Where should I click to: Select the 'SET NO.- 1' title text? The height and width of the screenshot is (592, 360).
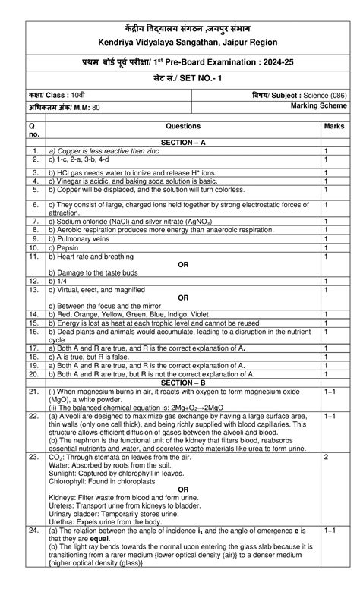coord(180,78)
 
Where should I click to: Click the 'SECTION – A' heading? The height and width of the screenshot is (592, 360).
coord(180,142)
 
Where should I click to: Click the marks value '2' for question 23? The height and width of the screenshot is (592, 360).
coord(325,457)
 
